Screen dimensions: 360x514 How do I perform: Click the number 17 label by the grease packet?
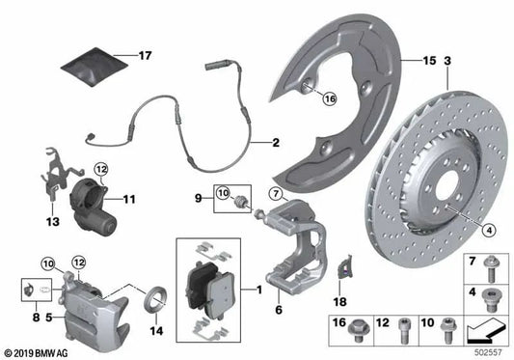point(146,56)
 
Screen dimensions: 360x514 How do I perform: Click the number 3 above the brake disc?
point(447,61)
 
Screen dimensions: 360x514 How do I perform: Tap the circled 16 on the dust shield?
point(330,98)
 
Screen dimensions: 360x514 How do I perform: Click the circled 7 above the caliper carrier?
point(275,196)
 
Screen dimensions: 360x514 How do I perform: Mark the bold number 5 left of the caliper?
point(37,314)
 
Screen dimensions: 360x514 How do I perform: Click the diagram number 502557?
point(491,351)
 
